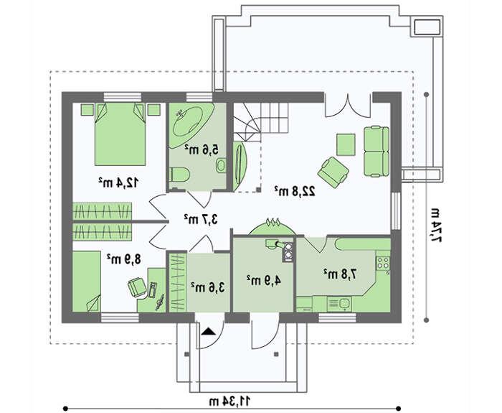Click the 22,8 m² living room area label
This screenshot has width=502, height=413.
tap(295, 191)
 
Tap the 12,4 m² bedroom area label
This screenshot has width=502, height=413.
tap(118, 182)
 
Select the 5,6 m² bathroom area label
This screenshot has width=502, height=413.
tap(202, 149)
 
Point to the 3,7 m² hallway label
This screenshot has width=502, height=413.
tap(201, 219)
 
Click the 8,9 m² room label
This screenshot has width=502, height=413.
tap(124, 259)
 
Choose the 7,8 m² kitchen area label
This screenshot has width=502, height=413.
tap(340, 274)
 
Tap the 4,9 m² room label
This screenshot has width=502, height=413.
tap(264, 280)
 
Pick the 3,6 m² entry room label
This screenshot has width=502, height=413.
tap(207, 287)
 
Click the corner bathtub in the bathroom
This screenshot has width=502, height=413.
tap(191, 125)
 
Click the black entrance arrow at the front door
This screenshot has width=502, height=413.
tap(208, 331)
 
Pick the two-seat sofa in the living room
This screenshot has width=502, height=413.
tap(376, 152)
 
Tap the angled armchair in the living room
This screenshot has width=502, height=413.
tap(333, 172)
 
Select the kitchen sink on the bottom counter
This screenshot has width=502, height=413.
tap(339, 304)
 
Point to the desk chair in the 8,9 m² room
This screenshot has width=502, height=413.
tap(138, 287)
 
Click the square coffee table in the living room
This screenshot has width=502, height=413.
tap(346, 144)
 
